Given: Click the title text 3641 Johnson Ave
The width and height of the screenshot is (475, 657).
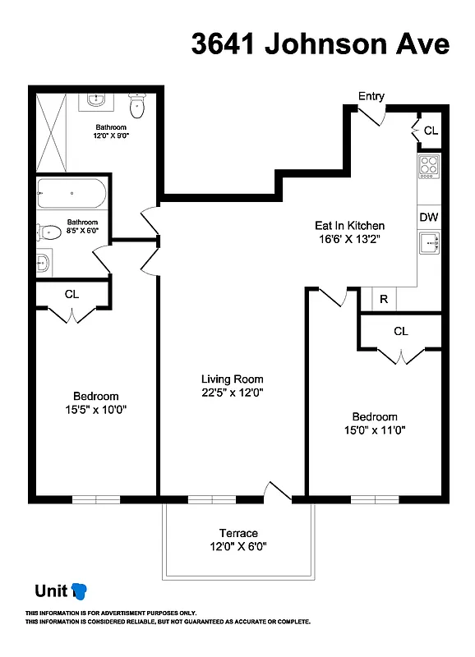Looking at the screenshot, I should click(x=321, y=44).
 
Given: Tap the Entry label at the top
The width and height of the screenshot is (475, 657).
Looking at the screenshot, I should click(x=371, y=96).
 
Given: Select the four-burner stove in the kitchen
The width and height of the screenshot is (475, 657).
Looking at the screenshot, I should click(x=428, y=166).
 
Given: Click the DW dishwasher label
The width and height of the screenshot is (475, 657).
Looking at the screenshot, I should click(x=428, y=218).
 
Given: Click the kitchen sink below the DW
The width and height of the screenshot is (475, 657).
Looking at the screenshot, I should click(x=428, y=243).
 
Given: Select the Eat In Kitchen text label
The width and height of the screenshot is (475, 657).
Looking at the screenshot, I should click(x=349, y=225).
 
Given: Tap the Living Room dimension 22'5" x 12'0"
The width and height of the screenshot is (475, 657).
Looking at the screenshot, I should click(x=233, y=393).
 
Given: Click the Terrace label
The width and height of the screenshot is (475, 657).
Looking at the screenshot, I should click(x=238, y=533).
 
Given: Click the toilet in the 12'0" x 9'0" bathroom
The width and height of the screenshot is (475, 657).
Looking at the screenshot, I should click(x=137, y=105).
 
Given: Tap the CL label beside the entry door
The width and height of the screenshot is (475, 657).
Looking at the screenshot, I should click(x=431, y=131).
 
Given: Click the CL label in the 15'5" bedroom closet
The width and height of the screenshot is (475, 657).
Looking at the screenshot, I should click(x=71, y=294).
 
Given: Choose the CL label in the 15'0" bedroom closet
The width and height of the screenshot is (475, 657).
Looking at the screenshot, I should click(x=400, y=331).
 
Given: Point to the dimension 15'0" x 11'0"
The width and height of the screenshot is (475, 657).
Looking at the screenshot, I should click(x=375, y=430).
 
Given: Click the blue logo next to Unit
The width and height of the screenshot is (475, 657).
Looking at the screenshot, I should click(x=80, y=590).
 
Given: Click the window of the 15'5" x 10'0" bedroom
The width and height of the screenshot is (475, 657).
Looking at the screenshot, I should click(x=96, y=499).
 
